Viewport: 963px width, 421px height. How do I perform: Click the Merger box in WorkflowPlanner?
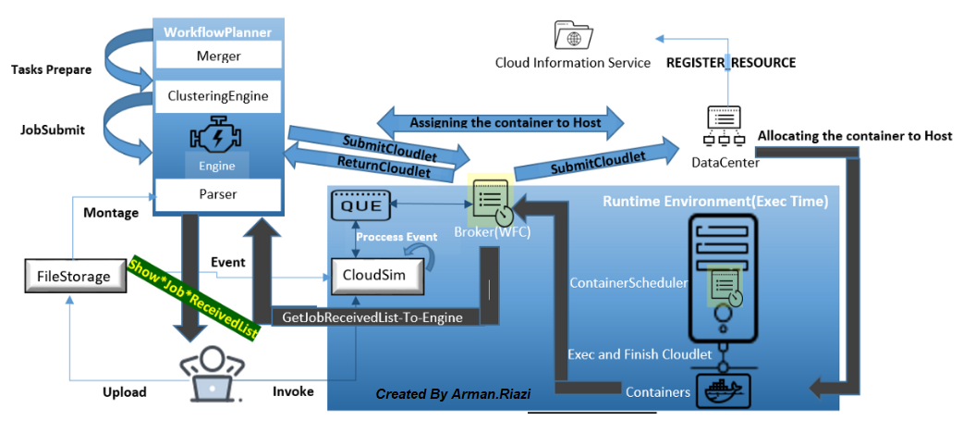click(x=218, y=56)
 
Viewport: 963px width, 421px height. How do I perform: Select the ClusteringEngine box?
click(x=218, y=95)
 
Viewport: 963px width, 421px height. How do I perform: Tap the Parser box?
click(x=218, y=194)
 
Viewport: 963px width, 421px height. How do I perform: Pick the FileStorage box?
click(x=74, y=276)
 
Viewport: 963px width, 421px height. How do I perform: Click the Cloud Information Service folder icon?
click(x=573, y=35)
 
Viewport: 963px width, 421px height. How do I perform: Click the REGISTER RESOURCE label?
click(x=731, y=63)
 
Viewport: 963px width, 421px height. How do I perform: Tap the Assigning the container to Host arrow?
click(x=505, y=122)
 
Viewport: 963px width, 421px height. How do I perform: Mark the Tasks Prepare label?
click(x=51, y=69)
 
